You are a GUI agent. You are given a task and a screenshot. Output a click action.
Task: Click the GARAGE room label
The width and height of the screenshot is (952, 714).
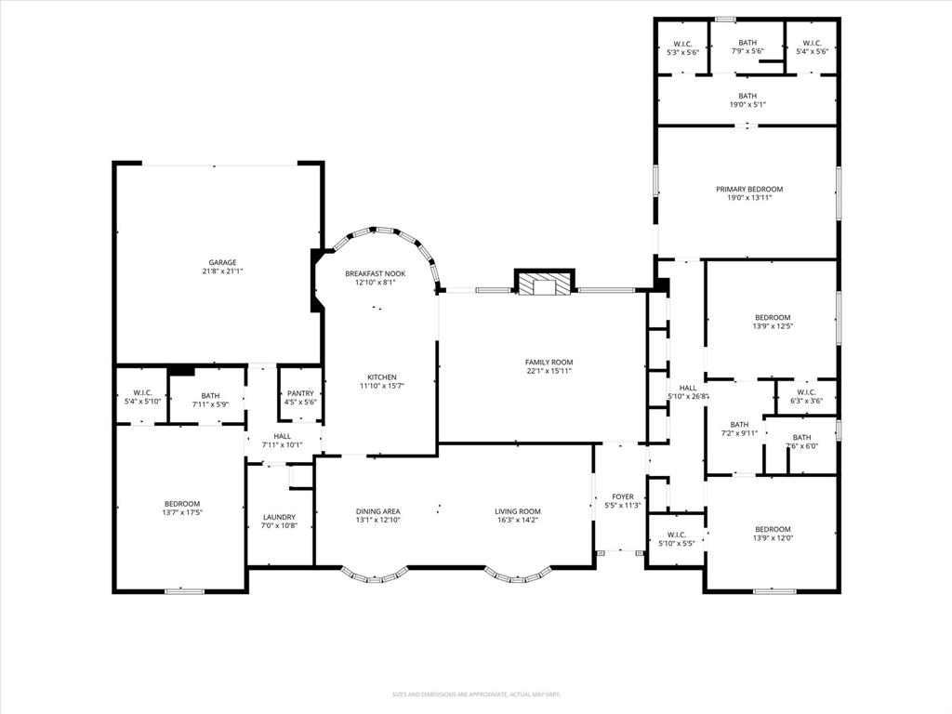click(222, 262)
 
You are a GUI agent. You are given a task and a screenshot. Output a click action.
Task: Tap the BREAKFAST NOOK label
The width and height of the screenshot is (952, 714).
click(375, 273)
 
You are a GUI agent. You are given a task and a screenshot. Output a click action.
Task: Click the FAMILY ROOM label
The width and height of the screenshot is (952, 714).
click(549, 362)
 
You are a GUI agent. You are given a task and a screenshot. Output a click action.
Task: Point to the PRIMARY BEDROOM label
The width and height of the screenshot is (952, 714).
click(748, 189)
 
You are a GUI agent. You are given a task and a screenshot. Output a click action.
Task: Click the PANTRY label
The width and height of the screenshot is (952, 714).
click(299, 393)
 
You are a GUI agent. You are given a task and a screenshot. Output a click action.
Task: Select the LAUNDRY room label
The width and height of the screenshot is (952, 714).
click(279, 517)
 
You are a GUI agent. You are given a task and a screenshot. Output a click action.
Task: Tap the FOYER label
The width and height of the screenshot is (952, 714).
click(622, 496)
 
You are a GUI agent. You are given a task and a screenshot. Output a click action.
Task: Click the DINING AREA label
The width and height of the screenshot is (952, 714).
click(377, 511)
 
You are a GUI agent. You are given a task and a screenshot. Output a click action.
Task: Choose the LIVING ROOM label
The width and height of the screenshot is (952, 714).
click(517, 511)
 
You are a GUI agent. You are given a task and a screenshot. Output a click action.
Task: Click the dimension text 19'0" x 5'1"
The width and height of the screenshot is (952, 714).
click(747, 105)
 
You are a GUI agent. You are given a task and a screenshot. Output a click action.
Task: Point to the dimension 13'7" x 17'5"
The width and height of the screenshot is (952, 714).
click(181, 512)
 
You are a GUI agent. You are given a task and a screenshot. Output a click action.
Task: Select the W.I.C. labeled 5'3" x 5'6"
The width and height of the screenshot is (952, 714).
click(682, 47)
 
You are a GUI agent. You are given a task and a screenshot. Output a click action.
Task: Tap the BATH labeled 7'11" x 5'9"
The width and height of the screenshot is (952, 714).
click(210, 400)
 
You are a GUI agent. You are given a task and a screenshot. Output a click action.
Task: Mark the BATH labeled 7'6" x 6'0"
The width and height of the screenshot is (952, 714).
click(800, 442)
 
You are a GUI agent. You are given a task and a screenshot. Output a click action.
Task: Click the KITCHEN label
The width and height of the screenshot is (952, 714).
click(381, 377)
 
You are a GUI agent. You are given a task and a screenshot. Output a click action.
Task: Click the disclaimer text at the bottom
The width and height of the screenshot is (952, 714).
click(475, 694)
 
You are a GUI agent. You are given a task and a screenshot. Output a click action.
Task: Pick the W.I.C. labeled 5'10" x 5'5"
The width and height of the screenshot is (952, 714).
click(675, 538)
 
